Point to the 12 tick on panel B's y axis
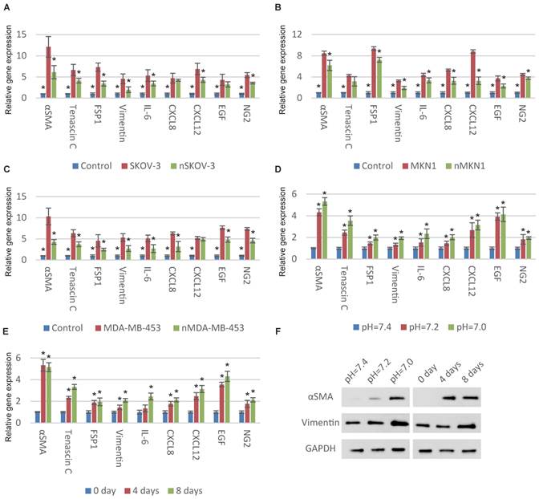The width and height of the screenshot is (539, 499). pos(298,34)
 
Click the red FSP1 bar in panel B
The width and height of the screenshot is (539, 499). pos(373,72)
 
